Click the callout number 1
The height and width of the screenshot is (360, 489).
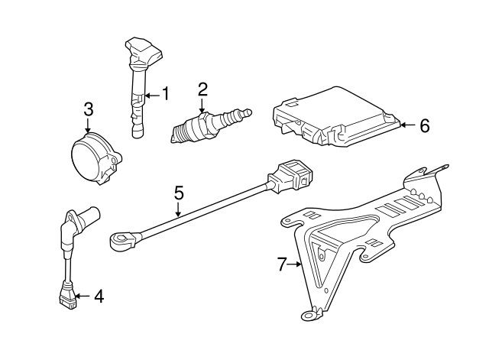pos(164,96)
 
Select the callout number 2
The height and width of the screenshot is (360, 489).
pos(202,89)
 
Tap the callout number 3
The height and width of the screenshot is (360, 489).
pos(88,109)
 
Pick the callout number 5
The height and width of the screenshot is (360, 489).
pos(179,193)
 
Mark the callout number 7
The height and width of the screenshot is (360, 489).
pos(281,264)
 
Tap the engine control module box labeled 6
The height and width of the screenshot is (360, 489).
pos(336,118)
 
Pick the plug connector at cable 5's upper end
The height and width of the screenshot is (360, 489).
pos(293,178)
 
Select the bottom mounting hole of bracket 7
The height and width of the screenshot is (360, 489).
pos(309,313)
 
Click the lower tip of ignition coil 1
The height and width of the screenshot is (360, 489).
pos(137,135)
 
